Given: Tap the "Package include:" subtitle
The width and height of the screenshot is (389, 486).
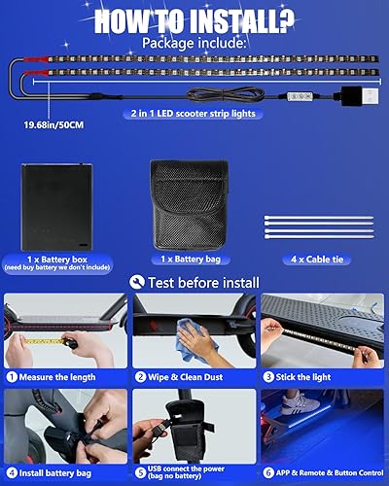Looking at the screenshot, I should (x=194, y=44).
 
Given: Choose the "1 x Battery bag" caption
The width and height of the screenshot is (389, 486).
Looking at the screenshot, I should (x=194, y=260).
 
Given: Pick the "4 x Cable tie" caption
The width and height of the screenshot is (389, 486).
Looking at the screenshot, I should (x=317, y=260).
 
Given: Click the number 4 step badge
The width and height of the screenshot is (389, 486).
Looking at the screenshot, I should (x=13, y=473).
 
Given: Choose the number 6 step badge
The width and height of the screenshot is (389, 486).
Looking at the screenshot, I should (x=269, y=473).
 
